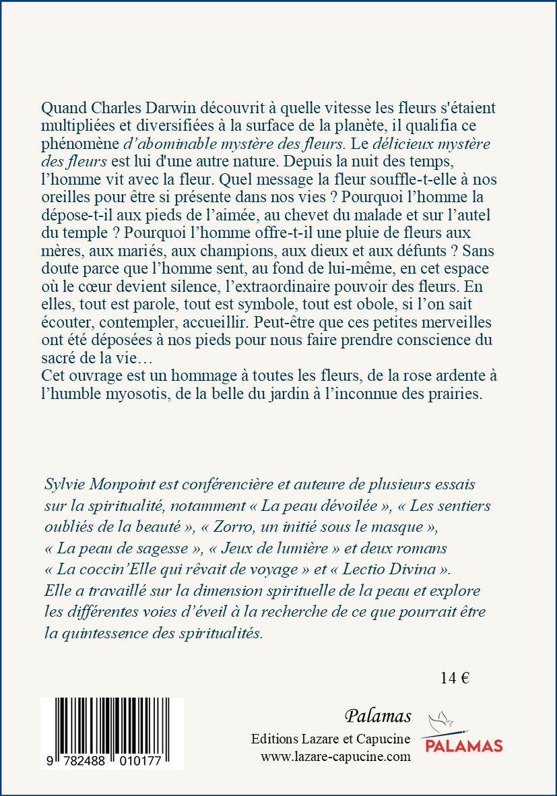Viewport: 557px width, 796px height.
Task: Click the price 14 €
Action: point(455,678)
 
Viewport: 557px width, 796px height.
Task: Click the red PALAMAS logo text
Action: point(462,745)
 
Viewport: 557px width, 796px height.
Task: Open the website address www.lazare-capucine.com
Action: point(335,757)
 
